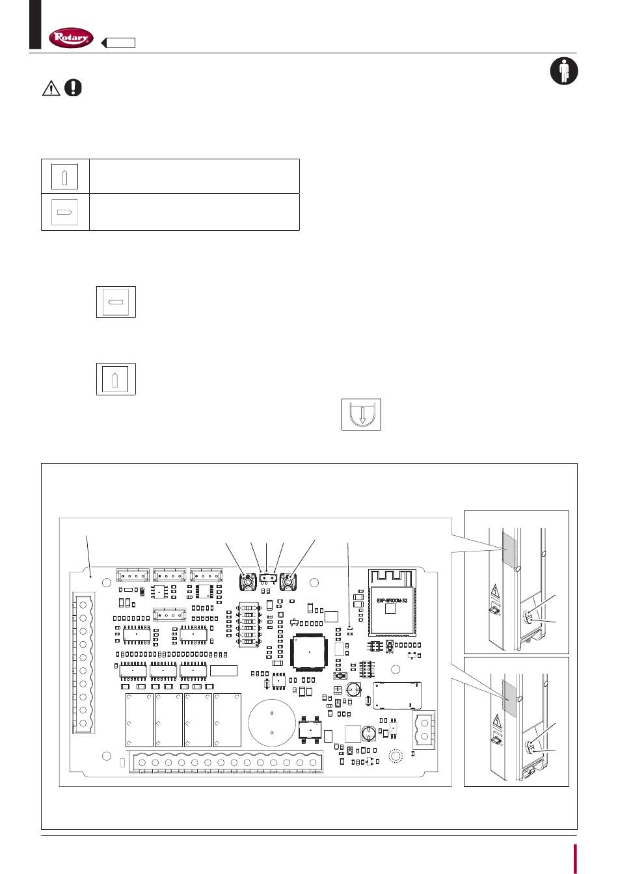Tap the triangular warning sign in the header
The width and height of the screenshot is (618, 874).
pos(51,88)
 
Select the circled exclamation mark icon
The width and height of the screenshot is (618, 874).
pos(74,87)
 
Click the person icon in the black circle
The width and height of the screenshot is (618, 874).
pos(564,71)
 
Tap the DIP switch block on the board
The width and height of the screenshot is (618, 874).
pos(249,620)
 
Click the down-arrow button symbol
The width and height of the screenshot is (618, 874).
pos(361,414)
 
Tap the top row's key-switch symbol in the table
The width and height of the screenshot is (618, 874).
pos(65,176)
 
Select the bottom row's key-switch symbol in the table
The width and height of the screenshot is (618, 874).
pos(65,212)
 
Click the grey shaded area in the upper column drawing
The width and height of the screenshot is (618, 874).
pos(509,547)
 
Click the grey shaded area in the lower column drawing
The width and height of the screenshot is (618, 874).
pos(509,697)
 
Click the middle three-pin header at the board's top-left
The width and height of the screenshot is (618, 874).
pos(169,575)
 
